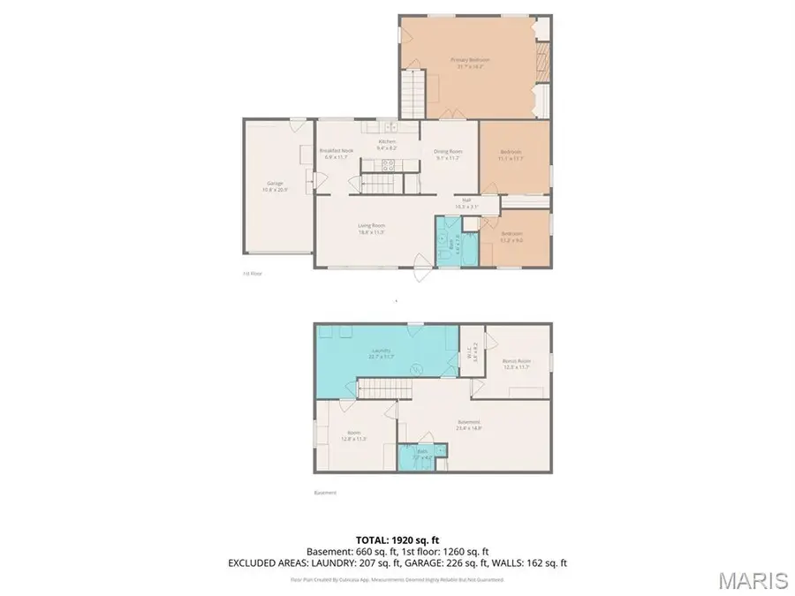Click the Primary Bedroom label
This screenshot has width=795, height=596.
tap(473, 62)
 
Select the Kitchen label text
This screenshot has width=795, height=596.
tap(388, 145)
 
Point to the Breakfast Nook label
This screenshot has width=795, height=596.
tap(337, 154)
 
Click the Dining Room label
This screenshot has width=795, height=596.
tap(449, 154)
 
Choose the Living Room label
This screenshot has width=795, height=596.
tap(371, 228)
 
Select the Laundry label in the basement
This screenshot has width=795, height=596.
tap(381, 353)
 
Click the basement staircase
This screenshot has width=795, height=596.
tap(385, 389)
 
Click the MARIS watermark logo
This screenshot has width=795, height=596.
tap(753, 579)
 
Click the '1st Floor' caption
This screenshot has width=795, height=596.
tap(252, 274)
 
